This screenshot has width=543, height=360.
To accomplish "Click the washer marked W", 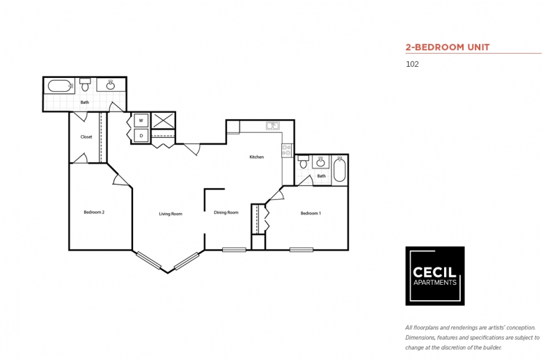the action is pos(141,120).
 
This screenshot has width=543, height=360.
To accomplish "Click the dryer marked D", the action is pos(141,136).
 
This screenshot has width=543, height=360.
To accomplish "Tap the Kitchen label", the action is pos(257,157).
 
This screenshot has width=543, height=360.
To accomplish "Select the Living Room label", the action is pos(171,214).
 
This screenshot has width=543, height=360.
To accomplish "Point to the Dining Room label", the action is pos(226,212).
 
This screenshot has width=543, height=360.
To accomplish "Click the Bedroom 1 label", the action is pos(310,213).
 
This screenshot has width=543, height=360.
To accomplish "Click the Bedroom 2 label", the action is pos(94,212).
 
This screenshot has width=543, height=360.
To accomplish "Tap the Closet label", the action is pos(86,137).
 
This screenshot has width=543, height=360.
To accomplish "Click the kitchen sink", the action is pos(273,125).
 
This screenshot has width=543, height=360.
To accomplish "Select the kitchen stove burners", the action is pos(286,150).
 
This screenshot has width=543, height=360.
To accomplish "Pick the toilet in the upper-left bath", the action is pos(85,84).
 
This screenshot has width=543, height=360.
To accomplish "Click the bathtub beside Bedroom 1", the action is pos(340,169).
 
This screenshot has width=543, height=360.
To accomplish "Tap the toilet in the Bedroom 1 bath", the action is pos(304,162).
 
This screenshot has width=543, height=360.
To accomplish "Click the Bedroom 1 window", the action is pos(301,249).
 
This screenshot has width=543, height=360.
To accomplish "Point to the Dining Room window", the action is pos(234,249).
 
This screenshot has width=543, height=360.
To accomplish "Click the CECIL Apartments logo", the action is pos(435,276).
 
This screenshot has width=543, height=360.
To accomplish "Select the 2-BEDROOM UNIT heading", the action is pos(448,47).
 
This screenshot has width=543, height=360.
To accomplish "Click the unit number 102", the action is pos(412,64).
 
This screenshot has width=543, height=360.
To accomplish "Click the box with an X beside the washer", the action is pos(164,120).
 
